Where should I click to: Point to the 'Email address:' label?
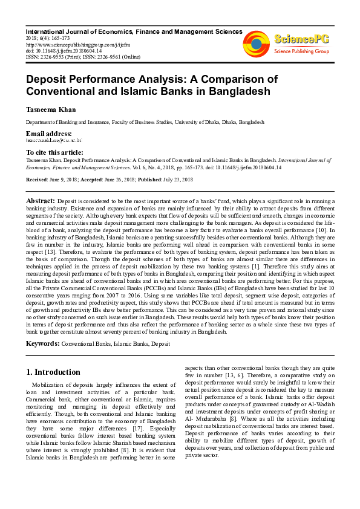pos(48,133)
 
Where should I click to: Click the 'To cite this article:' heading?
pos(55,152)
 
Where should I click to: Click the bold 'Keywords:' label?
pos(42,343)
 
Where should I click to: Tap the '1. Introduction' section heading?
pos(54,372)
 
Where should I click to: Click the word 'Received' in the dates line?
pos(38,180)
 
